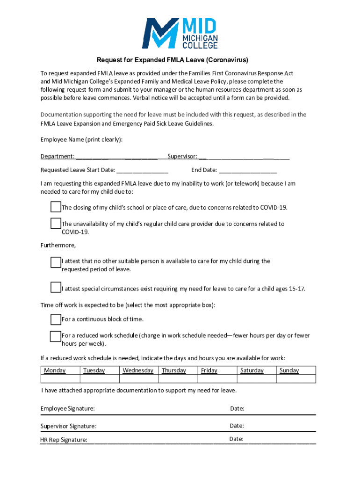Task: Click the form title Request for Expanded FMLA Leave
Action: (x=172, y=60)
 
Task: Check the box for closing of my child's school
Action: (x=56, y=207)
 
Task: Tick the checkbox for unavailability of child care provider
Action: (x=56, y=223)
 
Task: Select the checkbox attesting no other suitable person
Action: (x=56, y=262)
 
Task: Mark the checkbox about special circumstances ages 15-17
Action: (x=56, y=287)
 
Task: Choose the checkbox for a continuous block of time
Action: (x=56, y=319)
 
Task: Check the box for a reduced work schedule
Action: (x=56, y=336)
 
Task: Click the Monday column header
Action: (x=55, y=370)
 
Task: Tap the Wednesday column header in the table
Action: (x=138, y=370)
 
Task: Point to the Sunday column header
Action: (x=289, y=370)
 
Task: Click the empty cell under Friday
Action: (x=217, y=379)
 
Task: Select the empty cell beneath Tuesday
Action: (x=99, y=379)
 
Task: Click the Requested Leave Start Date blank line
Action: (x=142, y=170)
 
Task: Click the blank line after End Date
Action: (x=247, y=170)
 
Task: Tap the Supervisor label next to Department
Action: (x=182, y=156)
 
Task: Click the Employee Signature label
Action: (x=67, y=409)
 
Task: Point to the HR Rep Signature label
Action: (x=64, y=440)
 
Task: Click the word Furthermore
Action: (x=58, y=245)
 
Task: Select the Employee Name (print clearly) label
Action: (x=81, y=139)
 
